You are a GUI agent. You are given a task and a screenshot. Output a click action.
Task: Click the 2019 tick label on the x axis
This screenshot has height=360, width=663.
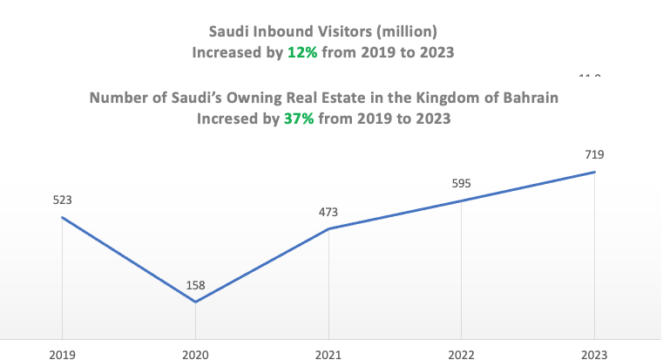(62, 354)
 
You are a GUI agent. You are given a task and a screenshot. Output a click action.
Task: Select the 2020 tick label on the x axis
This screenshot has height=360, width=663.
(195, 354)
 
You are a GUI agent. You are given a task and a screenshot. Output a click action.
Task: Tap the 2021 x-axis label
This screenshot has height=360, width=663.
(328, 354)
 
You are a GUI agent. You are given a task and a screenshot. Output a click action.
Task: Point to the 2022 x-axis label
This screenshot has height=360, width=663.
(461, 354)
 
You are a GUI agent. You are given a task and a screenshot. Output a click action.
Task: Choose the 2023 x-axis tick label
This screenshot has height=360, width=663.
(594, 354)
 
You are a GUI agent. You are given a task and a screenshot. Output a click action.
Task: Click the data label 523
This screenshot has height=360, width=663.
(62, 200)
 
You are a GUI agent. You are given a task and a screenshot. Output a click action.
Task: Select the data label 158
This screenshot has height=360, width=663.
(195, 284)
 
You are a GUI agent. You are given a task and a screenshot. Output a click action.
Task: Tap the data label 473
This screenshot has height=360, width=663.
(328, 211)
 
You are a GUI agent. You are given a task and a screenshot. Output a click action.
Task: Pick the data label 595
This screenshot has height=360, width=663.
(461, 183)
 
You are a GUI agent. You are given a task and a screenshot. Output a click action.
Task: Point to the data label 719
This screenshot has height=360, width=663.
(594, 154)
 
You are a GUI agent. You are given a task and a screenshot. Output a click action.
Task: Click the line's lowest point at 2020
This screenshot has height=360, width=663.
(195, 302)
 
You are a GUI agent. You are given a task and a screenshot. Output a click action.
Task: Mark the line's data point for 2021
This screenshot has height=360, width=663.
(328, 228)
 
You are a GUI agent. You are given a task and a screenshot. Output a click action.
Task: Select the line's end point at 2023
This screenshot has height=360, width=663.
(594, 172)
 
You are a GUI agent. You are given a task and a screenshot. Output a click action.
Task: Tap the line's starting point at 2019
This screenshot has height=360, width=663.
(62, 217)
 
